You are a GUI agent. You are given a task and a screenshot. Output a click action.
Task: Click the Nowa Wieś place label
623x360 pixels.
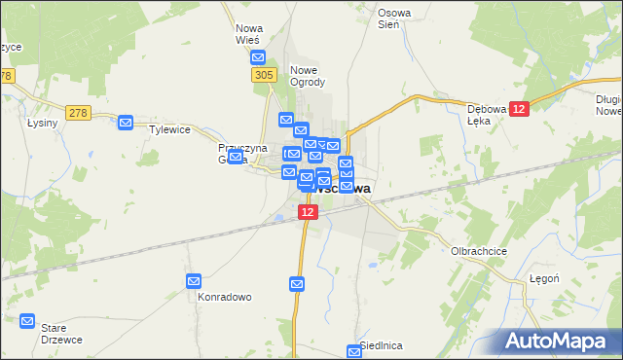coord(248,34)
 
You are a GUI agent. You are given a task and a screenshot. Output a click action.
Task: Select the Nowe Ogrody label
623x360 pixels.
coord(308,76)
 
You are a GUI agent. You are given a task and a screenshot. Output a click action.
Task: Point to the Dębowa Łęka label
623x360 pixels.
coord(489,115)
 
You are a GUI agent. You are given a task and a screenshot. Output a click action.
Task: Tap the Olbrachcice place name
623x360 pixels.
coord(476,250)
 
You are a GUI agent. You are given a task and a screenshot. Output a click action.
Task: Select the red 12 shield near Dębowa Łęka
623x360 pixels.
coord(520,110)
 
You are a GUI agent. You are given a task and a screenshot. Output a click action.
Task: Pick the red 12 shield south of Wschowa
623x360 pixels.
coord(308,211)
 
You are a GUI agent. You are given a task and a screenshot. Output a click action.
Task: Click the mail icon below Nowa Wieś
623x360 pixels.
coord(258,57)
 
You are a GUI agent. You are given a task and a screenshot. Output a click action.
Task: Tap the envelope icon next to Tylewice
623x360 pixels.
coord(126,123)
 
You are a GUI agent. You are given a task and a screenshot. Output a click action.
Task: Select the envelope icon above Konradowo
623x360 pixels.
coord(194,281)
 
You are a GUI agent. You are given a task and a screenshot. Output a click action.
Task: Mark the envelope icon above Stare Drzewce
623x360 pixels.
coord(26,321)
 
